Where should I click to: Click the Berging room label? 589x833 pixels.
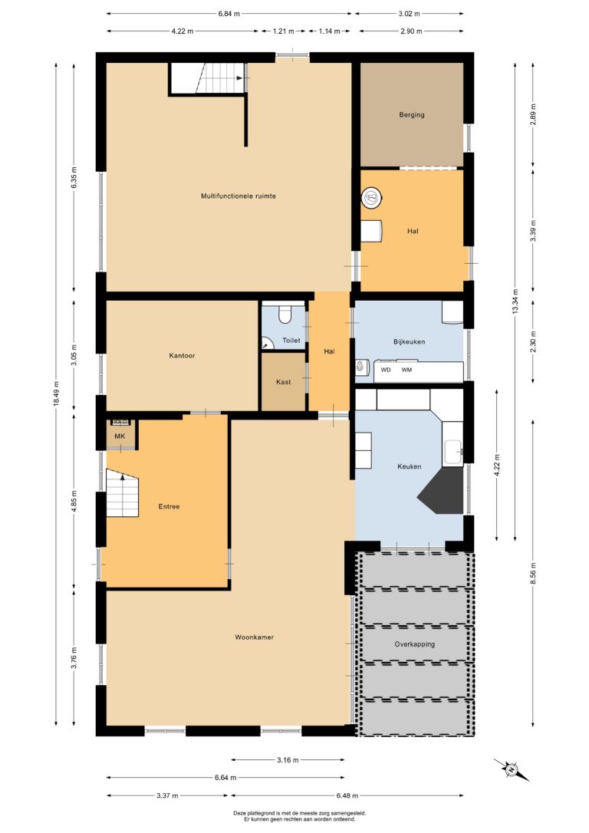click(x=412, y=115)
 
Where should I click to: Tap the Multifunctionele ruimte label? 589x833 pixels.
click(x=238, y=196)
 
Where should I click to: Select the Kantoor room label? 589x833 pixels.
click(x=182, y=355)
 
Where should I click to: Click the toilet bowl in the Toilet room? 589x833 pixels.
click(x=285, y=314)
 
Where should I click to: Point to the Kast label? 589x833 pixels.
click(x=283, y=382)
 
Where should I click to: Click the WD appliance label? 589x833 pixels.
click(x=386, y=370)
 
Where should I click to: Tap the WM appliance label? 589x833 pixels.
click(x=406, y=370)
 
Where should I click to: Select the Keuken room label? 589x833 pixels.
click(x=409, y=466)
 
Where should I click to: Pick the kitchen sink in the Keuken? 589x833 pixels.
click(x=453, y=452)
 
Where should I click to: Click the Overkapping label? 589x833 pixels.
click(x=414, y=644)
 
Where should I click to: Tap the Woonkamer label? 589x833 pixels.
click(x=255, y=637)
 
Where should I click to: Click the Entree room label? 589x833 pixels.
click(x=169, y=506)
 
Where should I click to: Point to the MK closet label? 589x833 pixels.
click(x=120, y=436)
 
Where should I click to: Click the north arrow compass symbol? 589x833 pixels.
click(x=512, y=769)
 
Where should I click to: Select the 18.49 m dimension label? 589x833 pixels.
click(x=56, y=393)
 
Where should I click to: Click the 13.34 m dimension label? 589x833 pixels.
click(x=515, y=301)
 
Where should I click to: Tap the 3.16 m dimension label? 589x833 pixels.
click(x=288, y=760)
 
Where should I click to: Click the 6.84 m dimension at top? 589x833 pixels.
click(x=229, y=14)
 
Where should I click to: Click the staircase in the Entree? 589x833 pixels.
click(x=122, y=492)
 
